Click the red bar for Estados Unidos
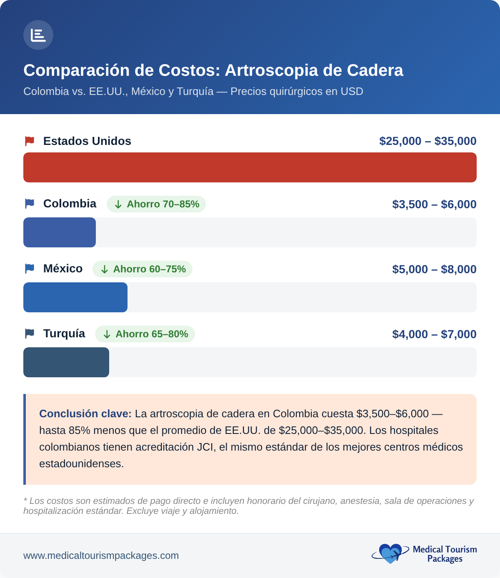tap(250, 167)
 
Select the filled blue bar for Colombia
tap(60, 232)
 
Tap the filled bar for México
tap(75, 297)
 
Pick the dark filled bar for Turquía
tap(66, 362)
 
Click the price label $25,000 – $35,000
tap(427, 141)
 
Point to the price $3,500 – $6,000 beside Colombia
tap(434, 204)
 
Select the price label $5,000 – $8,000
tap(434, 269)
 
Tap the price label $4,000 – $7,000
tap(434, 334)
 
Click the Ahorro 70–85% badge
tap(156, 204)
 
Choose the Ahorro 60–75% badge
tap(142, 269)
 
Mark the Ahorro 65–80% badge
tap(145, 334)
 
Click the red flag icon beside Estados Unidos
tap(30, 141)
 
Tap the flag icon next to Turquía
tap(30, 334)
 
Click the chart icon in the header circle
tap(38, 35)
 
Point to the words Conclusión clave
tap(85, 414)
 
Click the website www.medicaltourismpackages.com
tap(101, 556)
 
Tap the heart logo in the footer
tap(390, 554)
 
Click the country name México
tap(63, 269)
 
